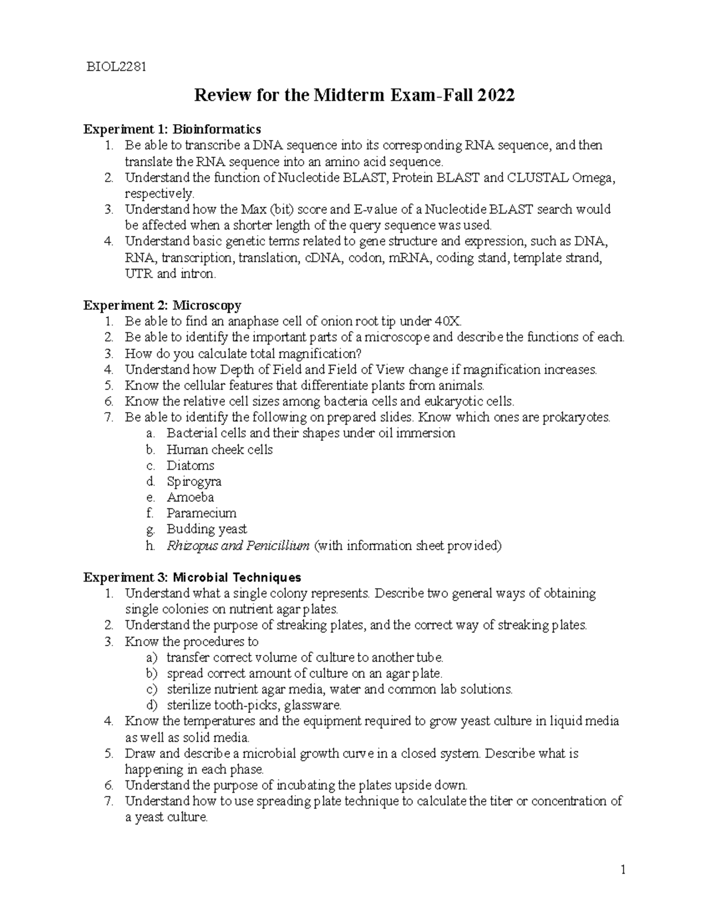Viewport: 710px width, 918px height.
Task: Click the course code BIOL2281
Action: (x=116, y=66)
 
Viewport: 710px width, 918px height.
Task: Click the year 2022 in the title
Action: (x=495, y=95)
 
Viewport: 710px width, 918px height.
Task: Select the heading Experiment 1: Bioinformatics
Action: (x=172, y=129)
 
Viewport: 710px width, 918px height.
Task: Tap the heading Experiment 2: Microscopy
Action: (x=162, y=305)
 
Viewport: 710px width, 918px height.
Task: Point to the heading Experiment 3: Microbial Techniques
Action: (x=192, y=577)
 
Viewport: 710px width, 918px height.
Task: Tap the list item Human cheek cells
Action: (x=220, y=449)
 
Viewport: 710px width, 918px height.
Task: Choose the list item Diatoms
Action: (x=190, y=465)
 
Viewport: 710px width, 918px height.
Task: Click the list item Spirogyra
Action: (x=193, y=481)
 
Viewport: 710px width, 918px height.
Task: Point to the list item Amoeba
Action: (x=190, y=497)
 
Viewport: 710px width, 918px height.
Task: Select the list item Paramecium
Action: (x=201, y=513)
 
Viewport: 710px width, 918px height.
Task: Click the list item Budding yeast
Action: (x=206, y=529)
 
